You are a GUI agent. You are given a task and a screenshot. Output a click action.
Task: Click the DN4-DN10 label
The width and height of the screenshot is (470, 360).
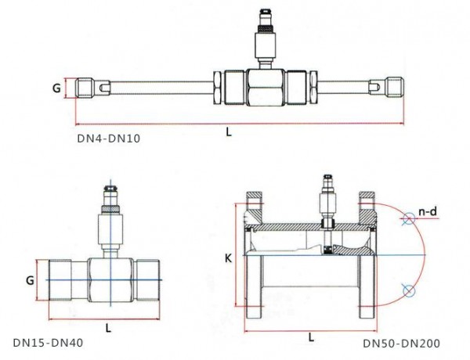pyautogui.click(x=108, y=140)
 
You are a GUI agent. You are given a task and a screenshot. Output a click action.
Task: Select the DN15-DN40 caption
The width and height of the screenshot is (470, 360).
pyautogui.click(x=48, y=343)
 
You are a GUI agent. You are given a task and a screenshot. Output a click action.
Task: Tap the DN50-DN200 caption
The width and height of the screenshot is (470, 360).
pyautogui.click(x=401, y=343)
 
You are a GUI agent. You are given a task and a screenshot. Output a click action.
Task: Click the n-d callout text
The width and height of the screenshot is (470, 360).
pyautogui.click(x=427, y=212)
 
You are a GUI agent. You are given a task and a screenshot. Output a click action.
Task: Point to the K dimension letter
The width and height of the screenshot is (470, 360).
pyautogui.click(x=226, y=257)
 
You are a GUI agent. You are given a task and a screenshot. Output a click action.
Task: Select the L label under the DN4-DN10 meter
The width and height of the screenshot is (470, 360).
pyautogui.click(x=229, y=133)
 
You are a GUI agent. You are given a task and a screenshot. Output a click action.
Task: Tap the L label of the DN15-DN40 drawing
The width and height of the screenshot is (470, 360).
pyautogui.click(x=107, y=327)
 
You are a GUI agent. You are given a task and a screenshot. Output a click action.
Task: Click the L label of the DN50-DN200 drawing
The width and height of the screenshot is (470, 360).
pyautogui.click(x=313, y=336)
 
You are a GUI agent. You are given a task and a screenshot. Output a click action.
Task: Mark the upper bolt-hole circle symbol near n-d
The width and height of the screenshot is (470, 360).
pyautogui.click(x=405, y=220)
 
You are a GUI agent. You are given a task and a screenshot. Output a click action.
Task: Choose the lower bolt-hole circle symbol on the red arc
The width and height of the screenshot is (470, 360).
pyautogui.click(x=406, y=291)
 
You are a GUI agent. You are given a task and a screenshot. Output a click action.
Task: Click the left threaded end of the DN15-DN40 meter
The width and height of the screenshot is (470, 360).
pyautogui.click(x=63, y=279)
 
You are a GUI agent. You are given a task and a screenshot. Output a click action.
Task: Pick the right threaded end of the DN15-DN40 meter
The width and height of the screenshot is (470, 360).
pyautogui.click(x=147, y=279)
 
